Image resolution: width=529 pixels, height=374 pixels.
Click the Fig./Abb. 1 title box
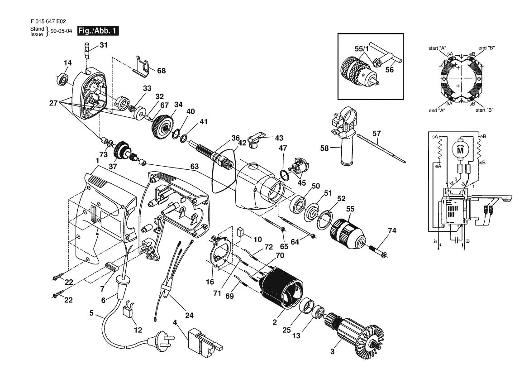pos(98,31)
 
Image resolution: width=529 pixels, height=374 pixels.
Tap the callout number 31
pos(103,44)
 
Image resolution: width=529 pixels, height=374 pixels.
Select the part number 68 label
pos(161,71)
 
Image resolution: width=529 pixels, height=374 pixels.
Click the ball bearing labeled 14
pos(63,80)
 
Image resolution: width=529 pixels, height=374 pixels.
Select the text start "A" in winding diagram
pos(438,48)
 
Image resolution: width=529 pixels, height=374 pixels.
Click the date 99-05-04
pos(61,31)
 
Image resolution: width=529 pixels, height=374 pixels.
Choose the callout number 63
pos(194,167)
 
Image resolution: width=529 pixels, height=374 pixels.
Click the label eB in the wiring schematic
pos(483,136)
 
